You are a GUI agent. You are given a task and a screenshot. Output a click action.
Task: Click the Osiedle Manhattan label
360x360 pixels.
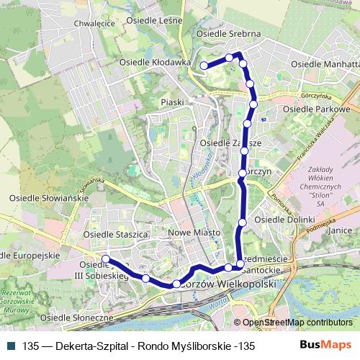point(325,64)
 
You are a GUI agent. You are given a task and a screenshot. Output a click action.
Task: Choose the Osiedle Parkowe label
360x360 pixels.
point(316,109)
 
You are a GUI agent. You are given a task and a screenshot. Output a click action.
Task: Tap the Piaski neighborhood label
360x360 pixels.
point(174,102)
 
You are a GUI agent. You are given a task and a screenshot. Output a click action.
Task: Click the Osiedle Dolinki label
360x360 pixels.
point(286,219)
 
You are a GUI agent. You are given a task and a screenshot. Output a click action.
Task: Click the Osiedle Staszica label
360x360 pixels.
point(115,234)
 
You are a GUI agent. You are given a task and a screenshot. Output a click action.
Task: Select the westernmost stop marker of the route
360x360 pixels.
point(106,259)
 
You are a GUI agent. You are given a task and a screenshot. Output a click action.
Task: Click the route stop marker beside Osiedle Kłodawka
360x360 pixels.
point(204,66)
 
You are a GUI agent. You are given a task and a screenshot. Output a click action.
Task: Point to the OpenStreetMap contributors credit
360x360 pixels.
point(297,323)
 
